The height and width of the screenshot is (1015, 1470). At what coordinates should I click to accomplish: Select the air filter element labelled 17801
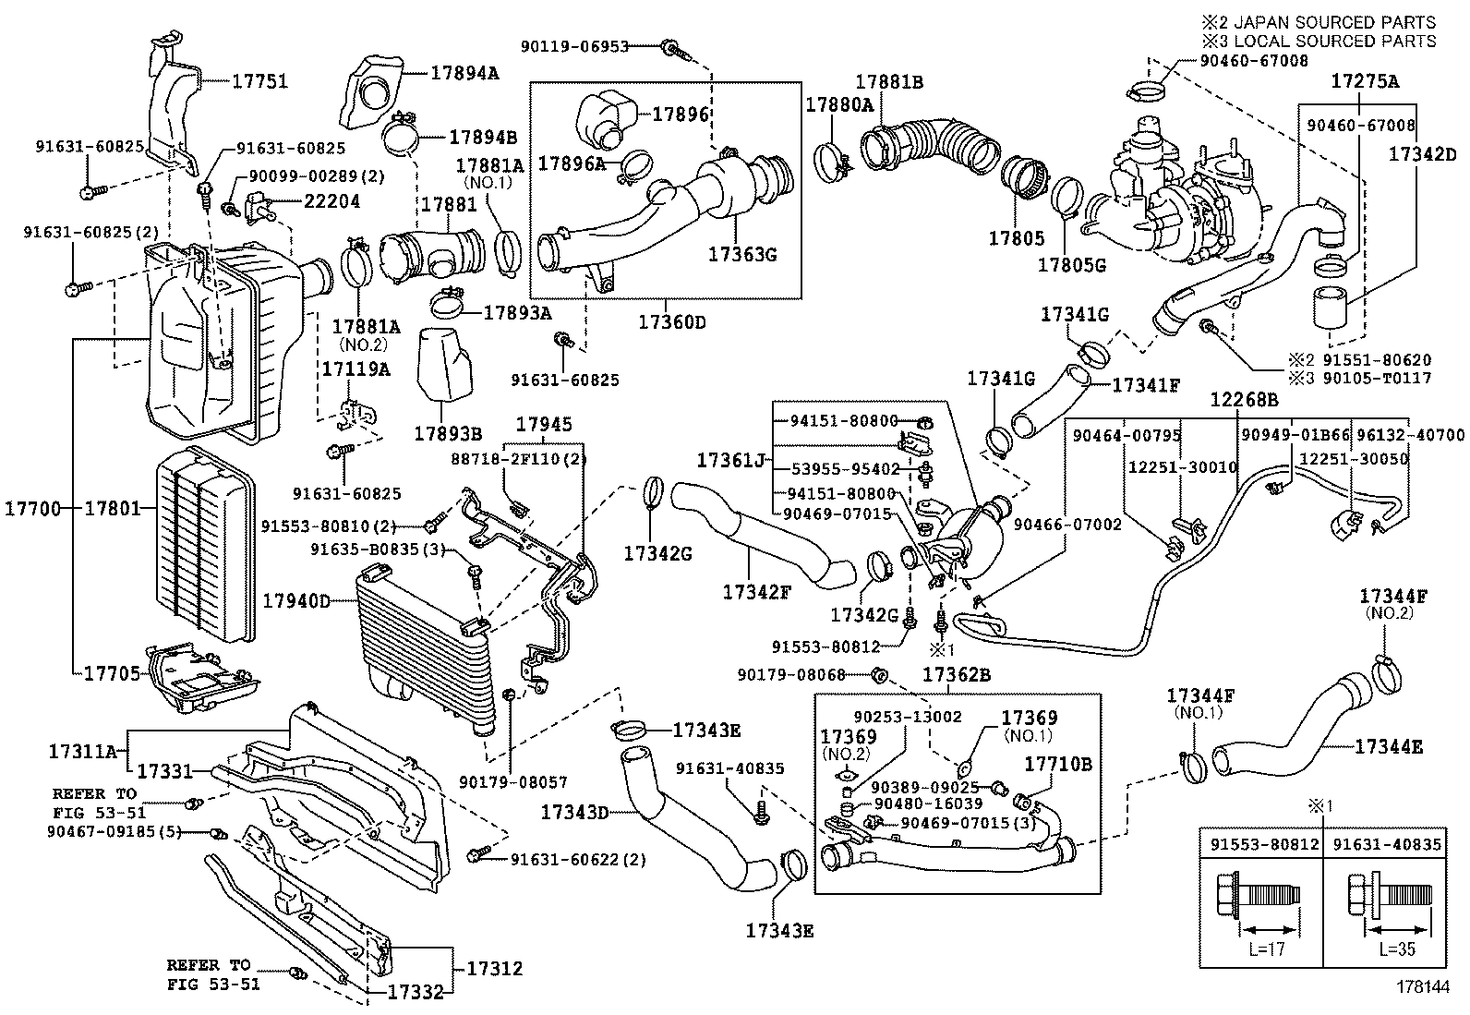point(206,545)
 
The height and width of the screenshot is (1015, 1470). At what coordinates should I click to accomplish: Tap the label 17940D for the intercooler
point(295,601)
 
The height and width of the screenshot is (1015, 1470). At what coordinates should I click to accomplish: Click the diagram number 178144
point(1422,985)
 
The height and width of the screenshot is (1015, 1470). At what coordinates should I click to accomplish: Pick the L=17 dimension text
point(1261,949)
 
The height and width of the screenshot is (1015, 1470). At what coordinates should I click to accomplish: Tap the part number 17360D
point(672,322)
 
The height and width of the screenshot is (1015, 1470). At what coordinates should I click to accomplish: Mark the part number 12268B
point(1245,399)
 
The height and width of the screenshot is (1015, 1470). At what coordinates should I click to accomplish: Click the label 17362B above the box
point(956,675)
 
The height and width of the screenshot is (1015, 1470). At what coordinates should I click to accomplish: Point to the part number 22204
point(332,201)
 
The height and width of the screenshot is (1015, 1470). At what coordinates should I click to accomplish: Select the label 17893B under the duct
point(448,433)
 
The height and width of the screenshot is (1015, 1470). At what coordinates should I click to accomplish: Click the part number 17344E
point(1389,746)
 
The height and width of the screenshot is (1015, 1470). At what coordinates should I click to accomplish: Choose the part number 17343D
point(575,813)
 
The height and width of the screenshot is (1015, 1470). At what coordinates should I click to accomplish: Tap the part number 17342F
point(757,591)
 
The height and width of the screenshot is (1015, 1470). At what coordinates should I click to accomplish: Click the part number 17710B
point(1058,764)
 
